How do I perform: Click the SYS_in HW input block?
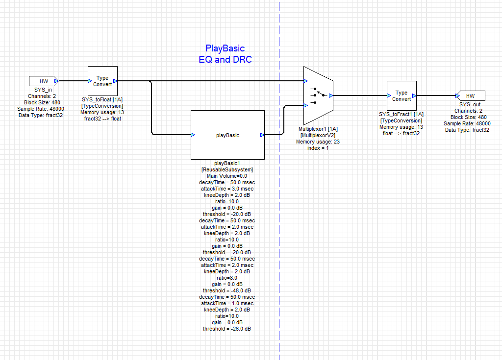44,81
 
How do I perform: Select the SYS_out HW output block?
470,96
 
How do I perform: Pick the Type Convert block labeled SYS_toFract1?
401,96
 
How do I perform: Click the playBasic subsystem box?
227,135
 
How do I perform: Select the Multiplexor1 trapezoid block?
318,96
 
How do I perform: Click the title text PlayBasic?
225,48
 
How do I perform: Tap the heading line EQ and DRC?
225,60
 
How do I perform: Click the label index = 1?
318,148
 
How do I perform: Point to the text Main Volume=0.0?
227,176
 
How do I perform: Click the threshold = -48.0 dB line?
227,290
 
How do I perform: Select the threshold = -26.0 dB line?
227,329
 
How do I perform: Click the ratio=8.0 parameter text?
227,278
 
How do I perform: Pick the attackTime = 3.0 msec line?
227,189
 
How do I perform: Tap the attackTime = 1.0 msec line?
227,303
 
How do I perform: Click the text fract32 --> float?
102,119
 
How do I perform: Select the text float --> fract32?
401,133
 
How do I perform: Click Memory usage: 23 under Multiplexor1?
318,142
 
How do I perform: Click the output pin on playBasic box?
262,135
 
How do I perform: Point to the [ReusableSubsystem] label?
227,169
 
